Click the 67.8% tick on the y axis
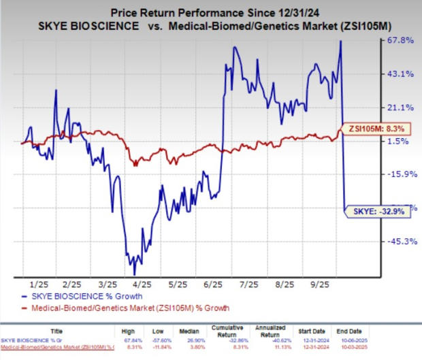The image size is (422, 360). coord(399,41)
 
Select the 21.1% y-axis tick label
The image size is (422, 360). coord(399,108)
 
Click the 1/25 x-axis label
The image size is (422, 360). coord(42,283)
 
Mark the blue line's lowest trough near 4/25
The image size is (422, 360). coord(127,273)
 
